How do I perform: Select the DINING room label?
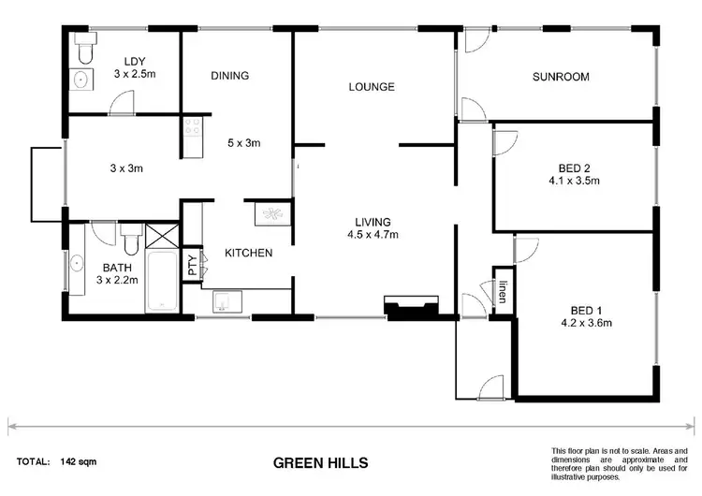(x=229, y=76)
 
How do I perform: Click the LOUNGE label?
(x=372, y=87)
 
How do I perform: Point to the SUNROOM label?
(x=561, y=77)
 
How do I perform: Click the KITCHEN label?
(x=248, y=253)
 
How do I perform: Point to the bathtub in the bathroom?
(x=164, y=281)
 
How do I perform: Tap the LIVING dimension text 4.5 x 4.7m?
(x=373, y=235)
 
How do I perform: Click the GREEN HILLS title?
(x=320, y=462)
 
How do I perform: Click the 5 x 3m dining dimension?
(x=243, y=143)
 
